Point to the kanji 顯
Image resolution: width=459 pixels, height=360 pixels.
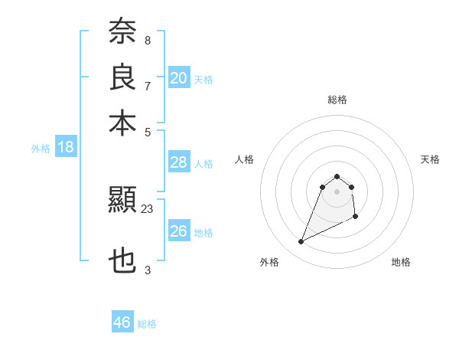[x=122, y=201]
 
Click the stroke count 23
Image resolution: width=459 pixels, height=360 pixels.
[x=148, y=208]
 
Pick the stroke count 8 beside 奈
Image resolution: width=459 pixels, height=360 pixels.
[x=148, y=40]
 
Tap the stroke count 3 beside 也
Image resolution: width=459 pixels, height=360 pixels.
[x=148, y=270]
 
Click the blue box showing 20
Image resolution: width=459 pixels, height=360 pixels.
[x=179, y=77]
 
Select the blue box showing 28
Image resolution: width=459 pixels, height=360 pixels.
[x=179, y=162]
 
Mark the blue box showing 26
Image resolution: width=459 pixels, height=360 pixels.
[x=179, y=231]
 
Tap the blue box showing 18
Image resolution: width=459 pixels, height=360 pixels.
[x=66, y=147]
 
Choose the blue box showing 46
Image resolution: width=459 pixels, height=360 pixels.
[x=122, y=322]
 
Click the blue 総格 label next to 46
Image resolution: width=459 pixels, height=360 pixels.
[x=148, y=324]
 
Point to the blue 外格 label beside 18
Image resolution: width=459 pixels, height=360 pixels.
[x=41, y=149]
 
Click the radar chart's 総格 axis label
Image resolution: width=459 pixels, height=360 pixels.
[x=337, y=100]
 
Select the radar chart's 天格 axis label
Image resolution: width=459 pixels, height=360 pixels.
[x=431, y=159]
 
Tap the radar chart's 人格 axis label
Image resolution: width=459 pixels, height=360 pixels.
[x=244, y=159]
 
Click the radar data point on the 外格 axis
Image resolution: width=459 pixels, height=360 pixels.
[x=301, y=242]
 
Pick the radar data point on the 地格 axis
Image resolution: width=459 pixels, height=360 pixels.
[x=356, y=218]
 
